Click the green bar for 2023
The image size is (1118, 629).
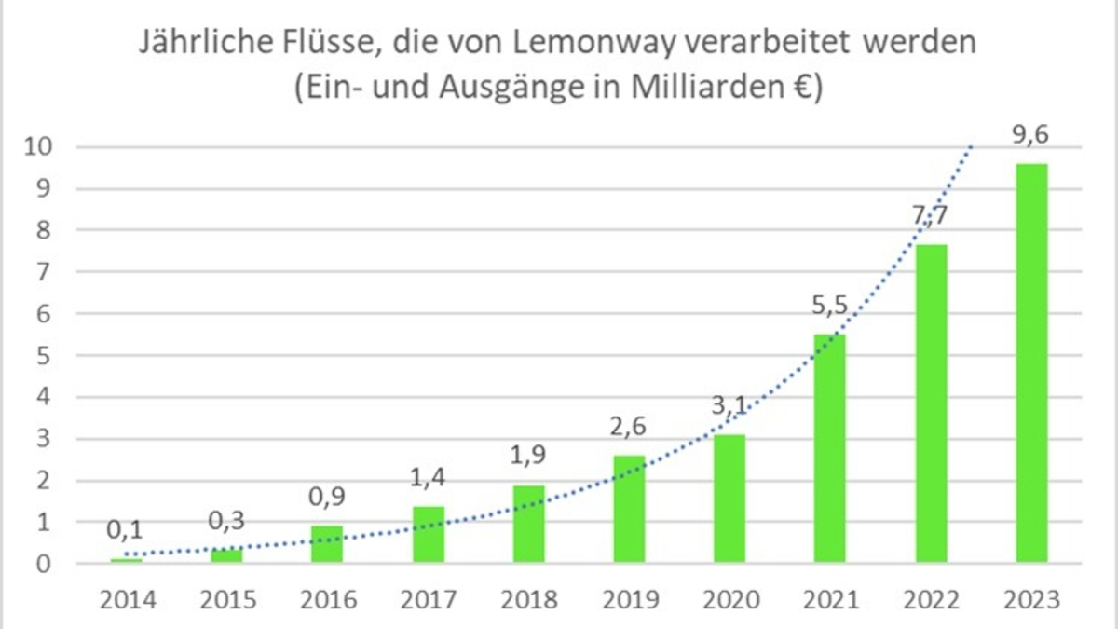coord(1031,363)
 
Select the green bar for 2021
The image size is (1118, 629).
coord(830,448)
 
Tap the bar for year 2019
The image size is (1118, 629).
coord(629,509)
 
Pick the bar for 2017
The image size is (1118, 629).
coord(428,534)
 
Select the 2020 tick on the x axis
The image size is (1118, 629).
coord(729,599)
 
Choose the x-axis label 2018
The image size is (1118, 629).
coord(528,599)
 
